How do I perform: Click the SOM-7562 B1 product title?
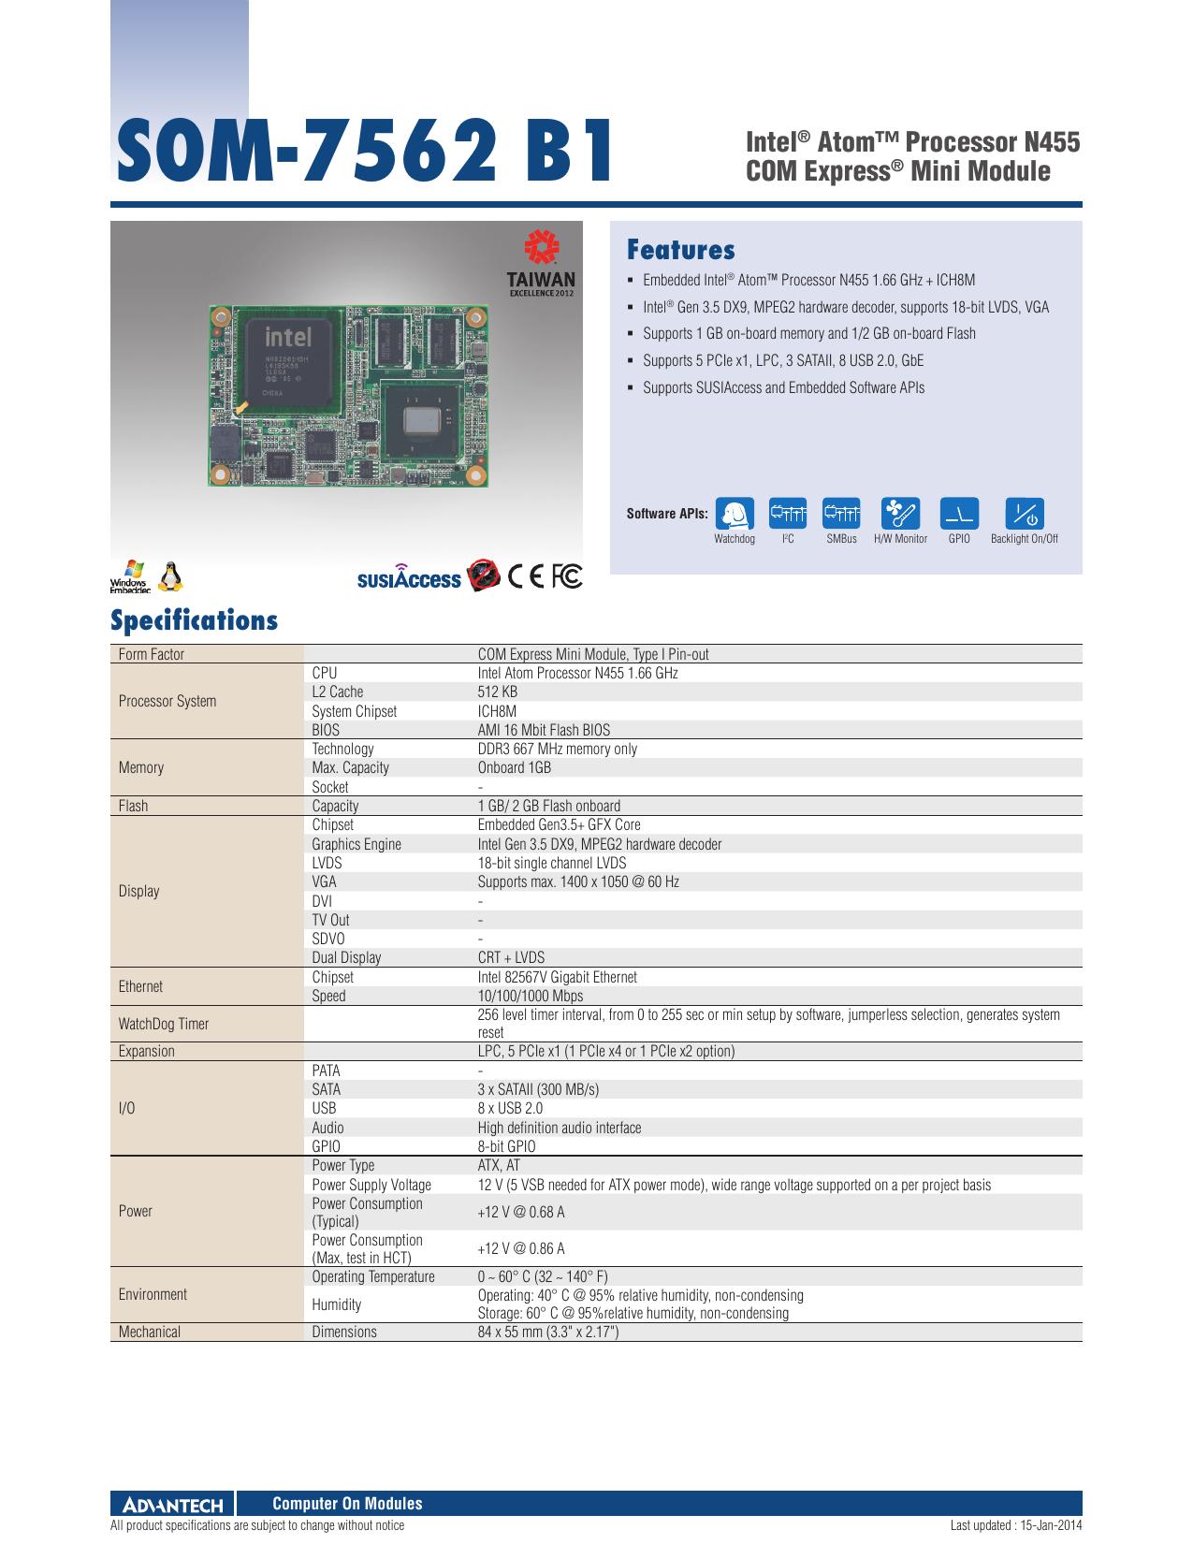(364, 151)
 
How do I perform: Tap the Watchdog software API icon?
(735, 513)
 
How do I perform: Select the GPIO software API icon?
(959, 513)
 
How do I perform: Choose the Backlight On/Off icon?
(1025, 513)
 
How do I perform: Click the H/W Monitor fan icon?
(900, 513)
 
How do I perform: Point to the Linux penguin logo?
(170, 576)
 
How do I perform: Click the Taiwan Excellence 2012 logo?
(541, 263)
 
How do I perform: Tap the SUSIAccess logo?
(409, 577)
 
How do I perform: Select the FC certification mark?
(567, 576)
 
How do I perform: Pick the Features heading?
(680, 250)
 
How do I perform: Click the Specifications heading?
(194, 620)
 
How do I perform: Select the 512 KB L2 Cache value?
(498, 692)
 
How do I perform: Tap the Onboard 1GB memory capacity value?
(515, 767)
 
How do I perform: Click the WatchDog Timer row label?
(164, 1024)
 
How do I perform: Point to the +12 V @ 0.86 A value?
(521, 1248)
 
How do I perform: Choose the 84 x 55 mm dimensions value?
(547, 1332)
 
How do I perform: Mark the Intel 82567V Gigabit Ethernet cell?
(557, 977)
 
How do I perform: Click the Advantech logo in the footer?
(173, 1505)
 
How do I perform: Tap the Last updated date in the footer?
(1016, 1525)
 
